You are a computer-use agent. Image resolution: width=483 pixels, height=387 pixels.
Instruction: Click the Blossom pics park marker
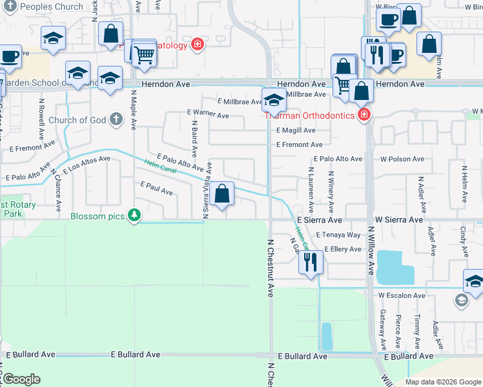tap(134, 215)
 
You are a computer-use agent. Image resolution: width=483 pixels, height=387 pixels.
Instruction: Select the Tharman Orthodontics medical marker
tap(364, 115)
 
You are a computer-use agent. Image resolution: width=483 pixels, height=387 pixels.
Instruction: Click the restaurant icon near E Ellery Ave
tap(311, 262)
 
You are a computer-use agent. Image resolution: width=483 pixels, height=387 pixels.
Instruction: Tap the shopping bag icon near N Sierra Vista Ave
tap(221, 193)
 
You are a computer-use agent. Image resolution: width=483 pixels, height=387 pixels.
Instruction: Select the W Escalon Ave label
tap(402, 295)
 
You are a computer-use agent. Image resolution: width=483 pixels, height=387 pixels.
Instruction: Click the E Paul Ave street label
tap(157, 188)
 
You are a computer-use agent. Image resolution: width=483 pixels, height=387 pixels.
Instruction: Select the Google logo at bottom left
tap(21, 379)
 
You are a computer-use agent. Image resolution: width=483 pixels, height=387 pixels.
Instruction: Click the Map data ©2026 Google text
tap(443, 382)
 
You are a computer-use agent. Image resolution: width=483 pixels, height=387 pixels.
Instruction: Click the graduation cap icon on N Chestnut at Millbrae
tap(274, 100)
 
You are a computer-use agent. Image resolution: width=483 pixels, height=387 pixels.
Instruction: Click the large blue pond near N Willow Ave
tap(394, 266)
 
